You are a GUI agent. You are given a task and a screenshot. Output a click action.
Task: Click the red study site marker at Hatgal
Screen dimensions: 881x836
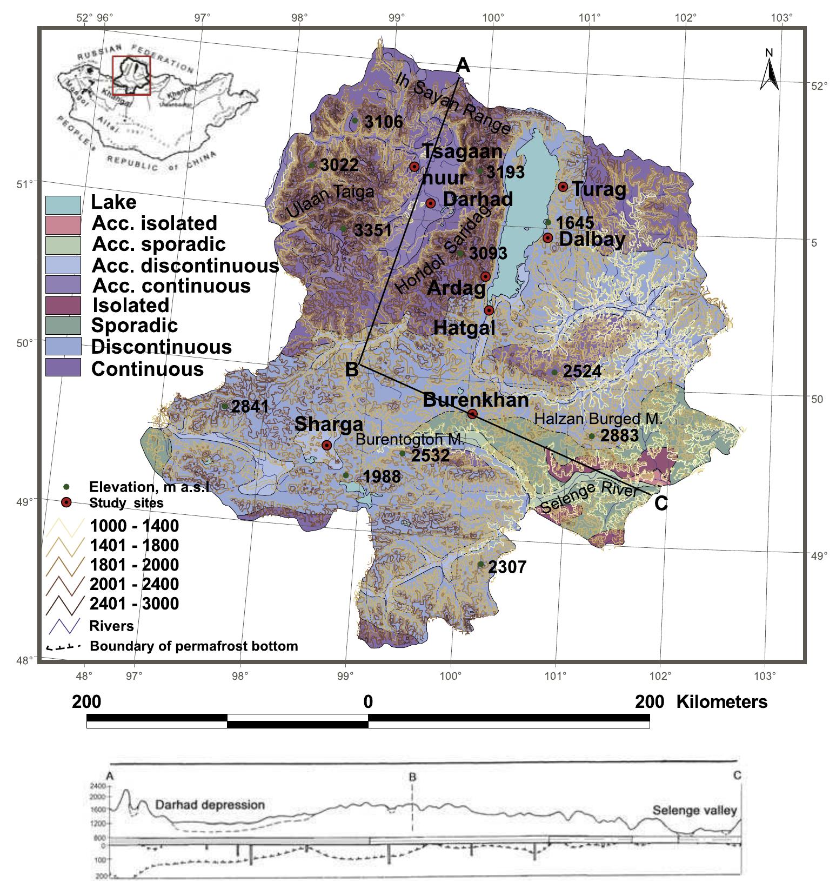click(x=489, y=310)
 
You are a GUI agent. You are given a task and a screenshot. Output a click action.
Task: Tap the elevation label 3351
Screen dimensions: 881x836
click(x=372, y=230)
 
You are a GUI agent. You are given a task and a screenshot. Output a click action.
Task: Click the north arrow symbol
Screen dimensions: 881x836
click(x=769, y=70)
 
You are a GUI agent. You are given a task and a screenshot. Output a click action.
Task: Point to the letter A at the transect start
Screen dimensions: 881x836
click(x=463, y=65)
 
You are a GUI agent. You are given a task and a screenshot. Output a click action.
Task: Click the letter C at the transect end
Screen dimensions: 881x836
click(x=661, y=504)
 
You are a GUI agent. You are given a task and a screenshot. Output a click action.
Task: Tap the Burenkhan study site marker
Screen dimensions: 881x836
click(x=472, y=414)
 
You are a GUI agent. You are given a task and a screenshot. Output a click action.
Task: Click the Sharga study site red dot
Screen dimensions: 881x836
click(x=326, y=445)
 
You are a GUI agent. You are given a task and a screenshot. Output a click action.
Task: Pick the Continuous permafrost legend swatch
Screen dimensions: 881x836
click(x=63, y=368)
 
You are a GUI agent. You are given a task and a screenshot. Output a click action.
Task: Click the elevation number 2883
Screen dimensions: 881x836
click(x=620, y=435)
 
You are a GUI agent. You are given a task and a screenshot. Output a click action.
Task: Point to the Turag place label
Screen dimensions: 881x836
click(x=599, y=189)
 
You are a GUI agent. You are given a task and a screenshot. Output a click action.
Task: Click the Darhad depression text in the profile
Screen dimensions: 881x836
click(x=210, y=804)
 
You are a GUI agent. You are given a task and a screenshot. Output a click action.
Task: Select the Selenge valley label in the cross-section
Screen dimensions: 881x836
click(x=694, y=810)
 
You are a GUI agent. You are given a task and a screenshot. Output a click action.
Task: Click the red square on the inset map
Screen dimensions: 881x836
click(x=131, y=75)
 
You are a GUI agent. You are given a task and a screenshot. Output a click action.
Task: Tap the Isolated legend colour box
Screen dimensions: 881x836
click(x=63, y=306)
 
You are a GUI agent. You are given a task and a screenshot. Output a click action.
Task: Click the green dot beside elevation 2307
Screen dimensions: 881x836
click(x=481, y=564)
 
